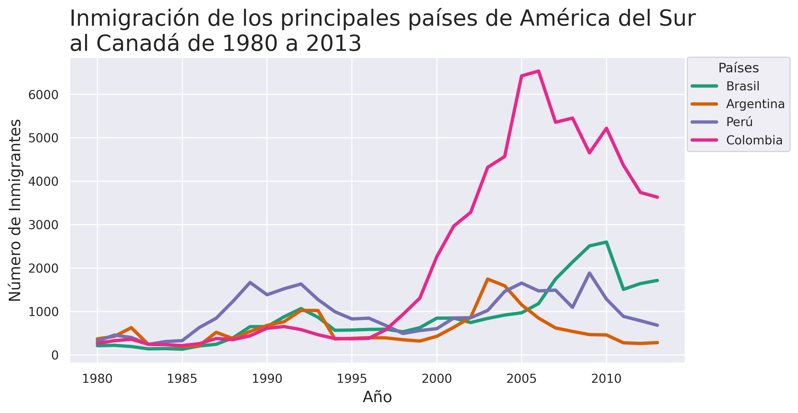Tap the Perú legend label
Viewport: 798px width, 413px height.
point(739,122)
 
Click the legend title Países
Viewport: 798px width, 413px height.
point(739,68)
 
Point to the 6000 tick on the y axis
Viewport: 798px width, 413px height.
point(43,95)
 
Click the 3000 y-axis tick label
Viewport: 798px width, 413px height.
point(43,225)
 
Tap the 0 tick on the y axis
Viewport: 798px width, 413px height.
point(55,355)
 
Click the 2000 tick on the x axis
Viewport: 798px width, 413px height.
point(436,379)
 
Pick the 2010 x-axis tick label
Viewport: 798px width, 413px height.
point(606,379)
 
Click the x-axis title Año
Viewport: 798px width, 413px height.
point(377,397)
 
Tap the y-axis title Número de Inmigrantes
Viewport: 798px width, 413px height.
point(15,210)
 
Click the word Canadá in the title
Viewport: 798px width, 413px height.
point(138,43)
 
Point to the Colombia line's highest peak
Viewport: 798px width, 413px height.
point(539,71)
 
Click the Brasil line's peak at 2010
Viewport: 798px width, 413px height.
point(606,242)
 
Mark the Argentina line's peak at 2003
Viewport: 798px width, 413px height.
point(487,279)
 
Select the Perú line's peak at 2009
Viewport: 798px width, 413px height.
point(589,273)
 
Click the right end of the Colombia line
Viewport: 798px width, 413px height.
point(657,197)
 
